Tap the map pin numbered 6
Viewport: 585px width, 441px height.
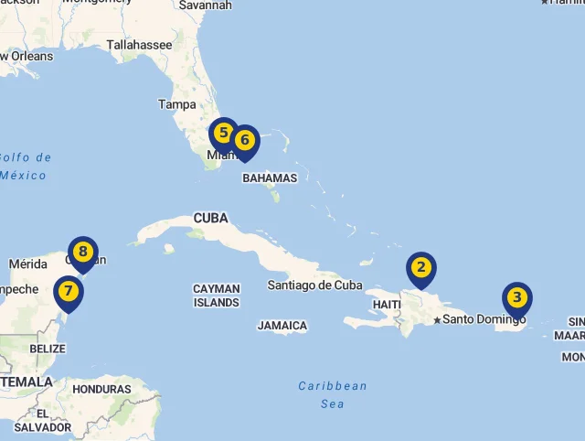245,142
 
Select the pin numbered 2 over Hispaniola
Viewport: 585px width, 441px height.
421,268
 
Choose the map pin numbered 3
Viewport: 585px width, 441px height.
517,298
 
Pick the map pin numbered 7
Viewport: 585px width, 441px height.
68,293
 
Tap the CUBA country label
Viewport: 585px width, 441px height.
210,219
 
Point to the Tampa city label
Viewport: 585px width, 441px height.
177,104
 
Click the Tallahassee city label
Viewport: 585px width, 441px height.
139,44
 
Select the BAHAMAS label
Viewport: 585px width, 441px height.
270,178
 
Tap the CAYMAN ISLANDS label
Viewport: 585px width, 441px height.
217,296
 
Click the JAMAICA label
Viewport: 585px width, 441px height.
282,326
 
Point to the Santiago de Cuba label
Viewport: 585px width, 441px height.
315,285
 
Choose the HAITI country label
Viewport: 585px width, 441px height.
388,305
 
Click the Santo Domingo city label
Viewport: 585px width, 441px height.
484,319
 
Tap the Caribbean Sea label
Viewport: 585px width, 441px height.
333,394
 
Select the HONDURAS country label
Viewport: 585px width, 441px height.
101,389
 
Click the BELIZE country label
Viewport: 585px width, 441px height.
48,349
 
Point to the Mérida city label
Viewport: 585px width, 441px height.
27,264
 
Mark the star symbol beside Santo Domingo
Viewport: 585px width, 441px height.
438,319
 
